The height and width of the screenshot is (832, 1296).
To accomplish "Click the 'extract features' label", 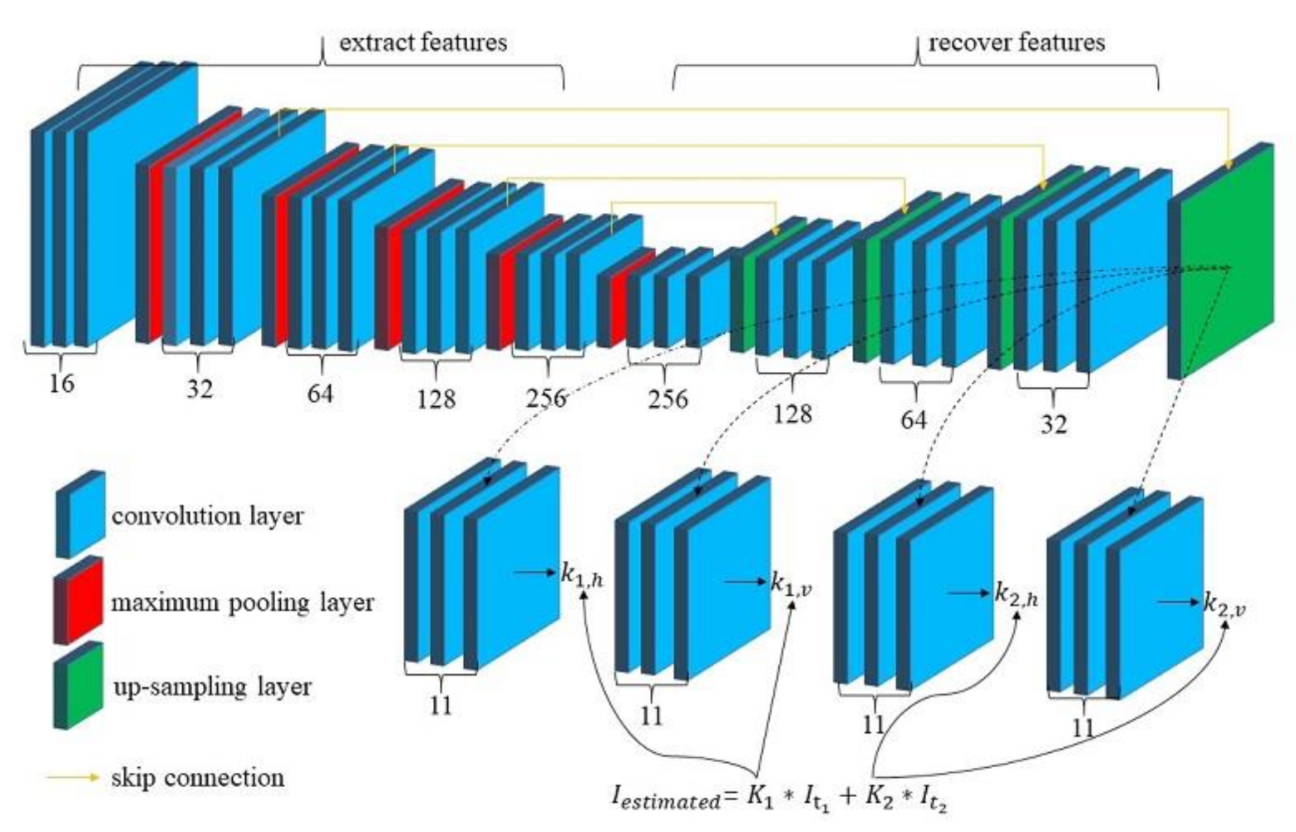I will pos(422,42).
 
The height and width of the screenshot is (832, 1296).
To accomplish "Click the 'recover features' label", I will pos(1016,42).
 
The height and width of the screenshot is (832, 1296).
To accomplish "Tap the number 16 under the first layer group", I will pos(61,384).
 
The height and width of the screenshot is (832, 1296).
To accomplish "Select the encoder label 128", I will pos(436,399).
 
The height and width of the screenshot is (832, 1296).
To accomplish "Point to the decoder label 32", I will pos(1052,423).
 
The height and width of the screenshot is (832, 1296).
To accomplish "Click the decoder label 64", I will pos(913,419).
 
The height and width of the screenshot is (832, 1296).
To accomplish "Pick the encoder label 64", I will pos(319,394).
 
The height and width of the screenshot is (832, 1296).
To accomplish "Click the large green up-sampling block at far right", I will pos(1226,258).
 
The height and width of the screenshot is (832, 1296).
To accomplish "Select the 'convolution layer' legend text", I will pos(208,516).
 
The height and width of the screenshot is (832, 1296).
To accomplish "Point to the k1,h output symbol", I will pos(581,575).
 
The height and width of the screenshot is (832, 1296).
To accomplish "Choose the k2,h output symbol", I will pos(1016,594).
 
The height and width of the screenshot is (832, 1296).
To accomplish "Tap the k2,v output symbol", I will pos(1225,605).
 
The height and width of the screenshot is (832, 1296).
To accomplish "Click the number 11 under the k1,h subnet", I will pos(441,705).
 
